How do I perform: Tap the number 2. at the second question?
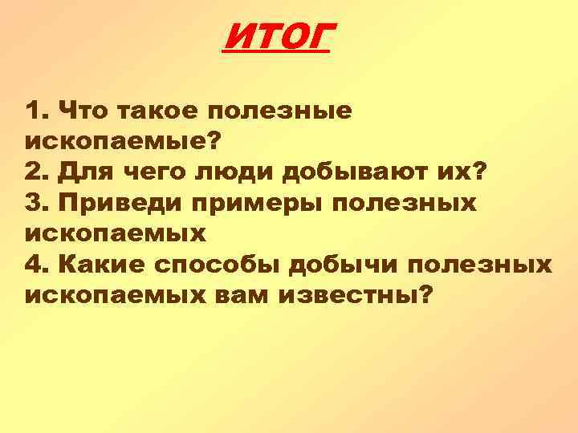point(38,172)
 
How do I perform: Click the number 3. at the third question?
point(38,203)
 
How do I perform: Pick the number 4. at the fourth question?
point(38,265)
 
